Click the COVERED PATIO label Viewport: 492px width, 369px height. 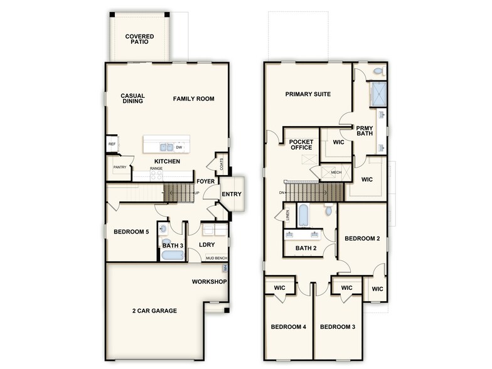click(x=139, y=40)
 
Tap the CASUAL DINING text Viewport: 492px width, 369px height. click(x=132, y=99)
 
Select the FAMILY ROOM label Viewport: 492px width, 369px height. click(x=194, y=99)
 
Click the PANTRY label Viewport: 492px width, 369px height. click(x=120, y=168)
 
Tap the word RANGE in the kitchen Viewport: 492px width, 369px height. click(x=156, y=169)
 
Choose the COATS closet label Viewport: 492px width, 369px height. click(x=222, y=164)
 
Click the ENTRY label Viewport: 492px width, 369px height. click(x=231, y=194)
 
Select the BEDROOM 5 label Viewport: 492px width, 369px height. click(x=131, y=232)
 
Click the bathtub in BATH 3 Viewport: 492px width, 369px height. click(x=171, y=255)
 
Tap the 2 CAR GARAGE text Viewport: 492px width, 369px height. click(x=154, y=311)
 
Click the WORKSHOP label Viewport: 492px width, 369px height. click(x=209, y=282)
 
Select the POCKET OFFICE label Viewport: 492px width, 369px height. click(x=301, y=145)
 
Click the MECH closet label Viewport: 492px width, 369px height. click(x=336, y=172)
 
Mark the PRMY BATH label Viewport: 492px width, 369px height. click(x=365, y=131)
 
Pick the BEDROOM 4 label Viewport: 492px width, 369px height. click(x=287, y=327)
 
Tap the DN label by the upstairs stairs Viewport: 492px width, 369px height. click(x=283, y=193)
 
